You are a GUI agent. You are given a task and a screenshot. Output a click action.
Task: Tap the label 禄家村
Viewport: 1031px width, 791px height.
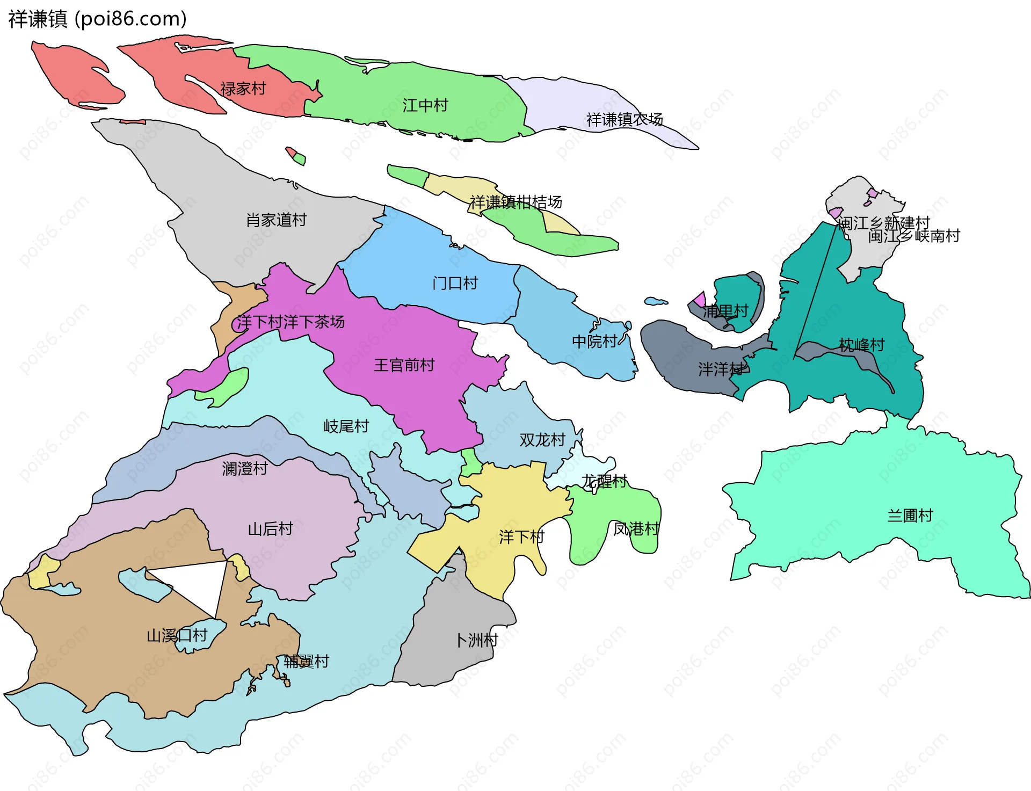click(x=243, y=89)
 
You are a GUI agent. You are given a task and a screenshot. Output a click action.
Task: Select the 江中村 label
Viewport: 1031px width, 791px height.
click(x=425, y=105)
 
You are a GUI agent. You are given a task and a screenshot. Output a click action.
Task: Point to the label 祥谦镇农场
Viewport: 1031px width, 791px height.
click(x=625, y=119)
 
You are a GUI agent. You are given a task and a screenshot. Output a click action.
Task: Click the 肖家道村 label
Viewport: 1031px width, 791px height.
click(x=276, y=220)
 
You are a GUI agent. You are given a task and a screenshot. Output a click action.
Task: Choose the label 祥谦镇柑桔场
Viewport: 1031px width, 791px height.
click(x=515, y=202)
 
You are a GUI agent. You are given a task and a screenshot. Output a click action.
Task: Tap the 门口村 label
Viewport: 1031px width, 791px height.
click(x=455, y=283)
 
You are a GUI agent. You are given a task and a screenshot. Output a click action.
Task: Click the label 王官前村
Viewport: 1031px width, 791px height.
click(x=404, y=365)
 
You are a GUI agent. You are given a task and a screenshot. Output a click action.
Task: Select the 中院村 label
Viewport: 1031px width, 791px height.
click(x=594, y=341)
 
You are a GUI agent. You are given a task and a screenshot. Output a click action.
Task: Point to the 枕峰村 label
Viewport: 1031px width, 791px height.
click(x=862, y=345)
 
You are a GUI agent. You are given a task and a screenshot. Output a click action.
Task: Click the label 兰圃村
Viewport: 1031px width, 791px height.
click(x=910, y=516)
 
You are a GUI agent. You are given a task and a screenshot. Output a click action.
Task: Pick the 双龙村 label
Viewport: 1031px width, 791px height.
click(x=542, y=440)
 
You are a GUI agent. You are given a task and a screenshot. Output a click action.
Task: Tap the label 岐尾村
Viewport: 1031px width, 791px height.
click(x=346, y=426)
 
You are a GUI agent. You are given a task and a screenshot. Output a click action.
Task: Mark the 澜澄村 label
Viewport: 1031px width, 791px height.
click(x=245, y=468)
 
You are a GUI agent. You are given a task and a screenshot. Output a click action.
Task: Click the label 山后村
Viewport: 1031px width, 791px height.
click(x=271, y=529)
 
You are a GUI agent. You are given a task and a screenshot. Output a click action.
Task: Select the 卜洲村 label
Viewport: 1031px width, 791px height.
click(x=476, y=640)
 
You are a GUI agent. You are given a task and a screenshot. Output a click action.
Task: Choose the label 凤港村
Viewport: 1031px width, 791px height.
click(x=636, y=529)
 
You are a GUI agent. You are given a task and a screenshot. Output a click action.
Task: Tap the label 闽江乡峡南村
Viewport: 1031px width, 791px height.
click(x=914, y=236)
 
